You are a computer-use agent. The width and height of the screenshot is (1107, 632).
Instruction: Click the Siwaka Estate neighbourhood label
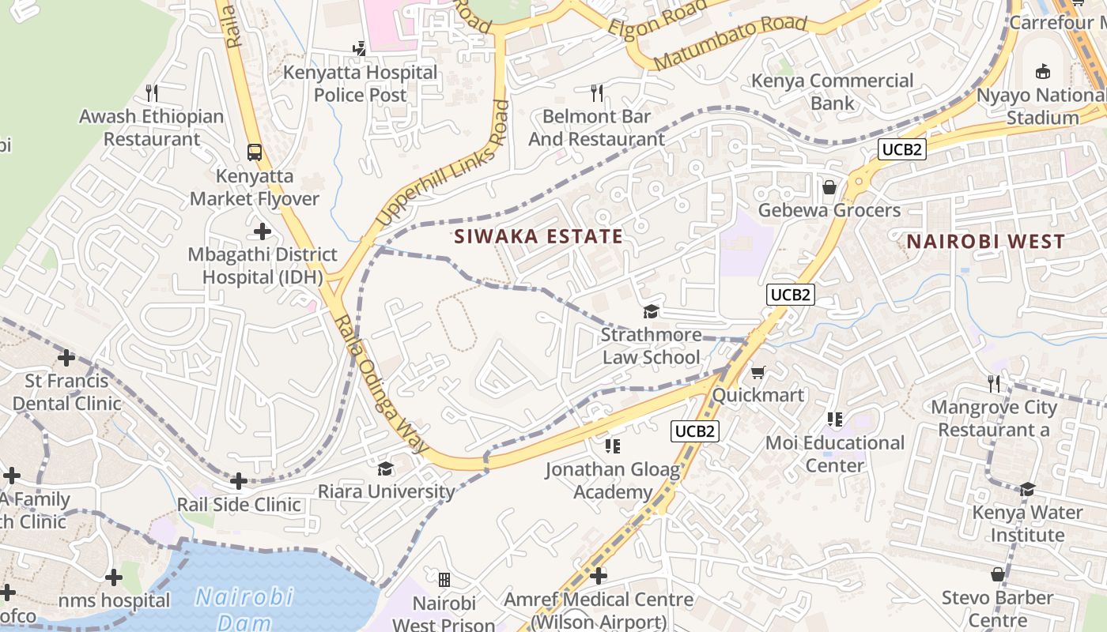[538, 236]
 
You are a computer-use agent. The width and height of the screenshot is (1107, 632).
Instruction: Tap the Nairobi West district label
[985, 242]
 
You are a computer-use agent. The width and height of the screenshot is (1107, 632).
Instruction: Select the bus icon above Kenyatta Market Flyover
[255, 152]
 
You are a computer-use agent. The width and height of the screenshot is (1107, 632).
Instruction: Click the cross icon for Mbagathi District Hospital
[263, 231]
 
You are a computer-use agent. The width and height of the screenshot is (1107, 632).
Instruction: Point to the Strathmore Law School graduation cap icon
[651, 312]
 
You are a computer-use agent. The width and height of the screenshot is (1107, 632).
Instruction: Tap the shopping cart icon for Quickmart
[758, 372]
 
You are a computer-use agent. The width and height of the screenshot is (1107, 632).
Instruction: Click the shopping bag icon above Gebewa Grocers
[829, 187]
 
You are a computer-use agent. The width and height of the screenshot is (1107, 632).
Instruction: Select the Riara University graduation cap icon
[385, 469]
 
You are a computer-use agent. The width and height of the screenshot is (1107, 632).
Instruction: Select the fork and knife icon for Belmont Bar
[597, 93]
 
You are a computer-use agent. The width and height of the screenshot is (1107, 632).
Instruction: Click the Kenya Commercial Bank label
[832, 92]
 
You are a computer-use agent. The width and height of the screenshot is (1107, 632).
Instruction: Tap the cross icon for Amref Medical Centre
[599, 576]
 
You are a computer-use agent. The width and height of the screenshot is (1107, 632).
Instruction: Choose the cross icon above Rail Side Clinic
[238, 481]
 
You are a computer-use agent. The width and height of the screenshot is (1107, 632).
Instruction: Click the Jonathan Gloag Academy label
[612, 481]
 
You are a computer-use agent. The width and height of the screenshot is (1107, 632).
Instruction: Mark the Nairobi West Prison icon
[444, 581]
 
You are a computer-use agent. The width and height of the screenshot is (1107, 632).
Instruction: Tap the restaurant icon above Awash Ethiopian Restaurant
[152, 93]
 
